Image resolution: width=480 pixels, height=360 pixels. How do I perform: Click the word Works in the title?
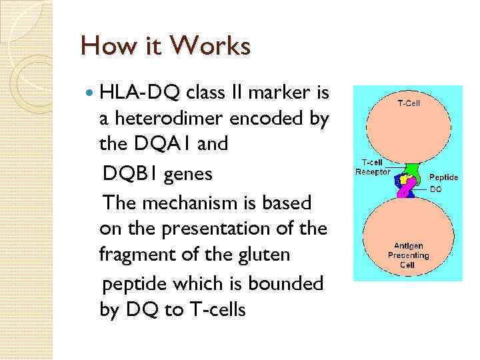[211, 46]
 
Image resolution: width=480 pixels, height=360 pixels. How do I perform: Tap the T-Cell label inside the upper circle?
[409, 103]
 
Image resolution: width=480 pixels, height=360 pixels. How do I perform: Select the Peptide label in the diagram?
[443, 177]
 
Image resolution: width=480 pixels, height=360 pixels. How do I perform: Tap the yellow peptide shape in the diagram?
[403, 180]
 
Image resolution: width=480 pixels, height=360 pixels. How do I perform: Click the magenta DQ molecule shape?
[405, 191]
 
